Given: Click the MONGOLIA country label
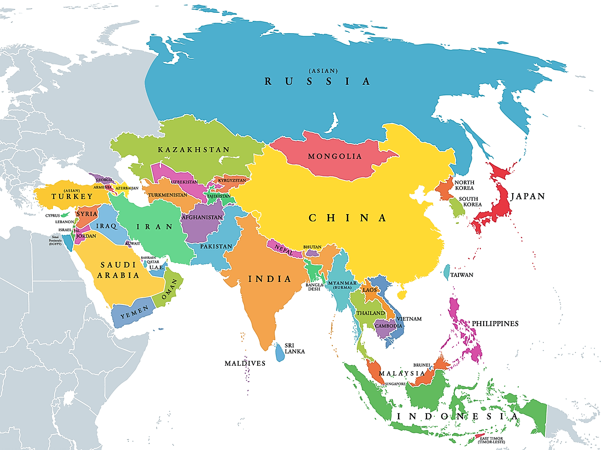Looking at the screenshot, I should (x=335, y=156).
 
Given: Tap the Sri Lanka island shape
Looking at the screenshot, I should (x=279, y=352).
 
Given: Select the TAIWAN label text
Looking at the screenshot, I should (x=462, y=275).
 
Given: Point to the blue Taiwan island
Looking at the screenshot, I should (x=447, y=272).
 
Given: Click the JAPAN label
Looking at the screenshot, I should (x=528, y=196).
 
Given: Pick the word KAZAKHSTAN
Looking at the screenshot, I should (x=194, y=150).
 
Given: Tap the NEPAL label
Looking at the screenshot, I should (x=284, y=250).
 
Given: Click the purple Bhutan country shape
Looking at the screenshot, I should (x=312, y=253).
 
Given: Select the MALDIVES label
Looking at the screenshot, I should (x=245, y=363).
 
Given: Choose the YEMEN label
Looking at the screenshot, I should (x=134, y=312).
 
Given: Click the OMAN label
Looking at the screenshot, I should (x=169, y=290).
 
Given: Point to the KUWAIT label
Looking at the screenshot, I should (x=132, y=244).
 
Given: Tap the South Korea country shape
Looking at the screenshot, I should (x=457, y=207).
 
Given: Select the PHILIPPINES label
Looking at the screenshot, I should (x=495, y=324).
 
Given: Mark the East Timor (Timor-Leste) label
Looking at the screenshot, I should (x=492, y=440).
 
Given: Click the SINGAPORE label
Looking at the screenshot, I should (x=395, y=384).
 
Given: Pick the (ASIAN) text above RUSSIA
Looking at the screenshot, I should (x=323, y=71).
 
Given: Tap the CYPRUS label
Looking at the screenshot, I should (x=52, y=215).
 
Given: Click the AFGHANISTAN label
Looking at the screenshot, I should (x=202, y=217).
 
